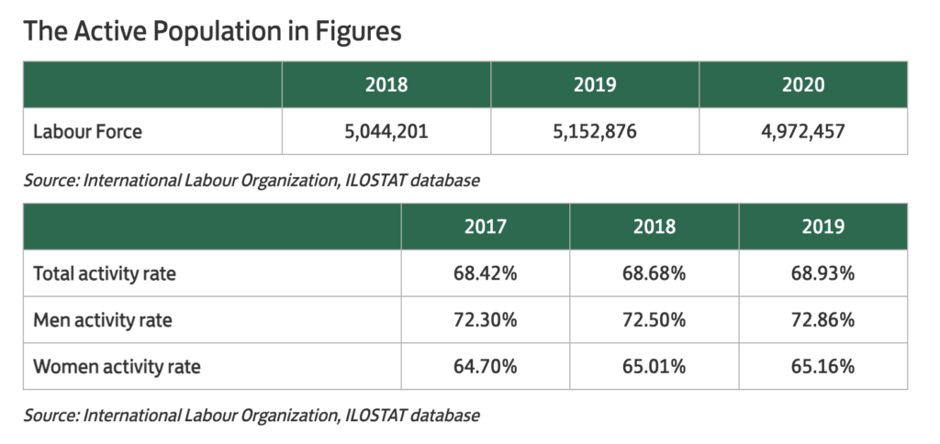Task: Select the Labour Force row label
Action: click(x=88, y=131)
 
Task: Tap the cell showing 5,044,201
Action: click(x=386, y=131)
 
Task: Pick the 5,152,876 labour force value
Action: click(x=595, y=131)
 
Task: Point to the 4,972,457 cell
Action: click(x=803, y=131)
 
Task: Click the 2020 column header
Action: click(x=803, y=84)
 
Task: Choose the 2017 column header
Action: click(x=485, y=226)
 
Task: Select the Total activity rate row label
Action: click(x=105, y=273)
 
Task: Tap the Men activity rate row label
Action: click(x=103, y=320)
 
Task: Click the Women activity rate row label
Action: click(x=117, y=368)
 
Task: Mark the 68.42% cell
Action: click(x=485, y=273)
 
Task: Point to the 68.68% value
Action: click(x=654, y=273)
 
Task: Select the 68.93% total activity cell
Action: click(x=822, y=273)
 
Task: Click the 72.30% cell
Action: click(x=485, y=320)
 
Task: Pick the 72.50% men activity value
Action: click(x=654, y=320)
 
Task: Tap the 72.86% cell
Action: click(x=822, y=320)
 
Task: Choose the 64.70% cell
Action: click(x=485, y=368)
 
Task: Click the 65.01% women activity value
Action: click(x=654, y=368)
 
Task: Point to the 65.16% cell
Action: click(x=822, y=368)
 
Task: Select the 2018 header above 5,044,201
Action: click(x=386, y=84)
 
